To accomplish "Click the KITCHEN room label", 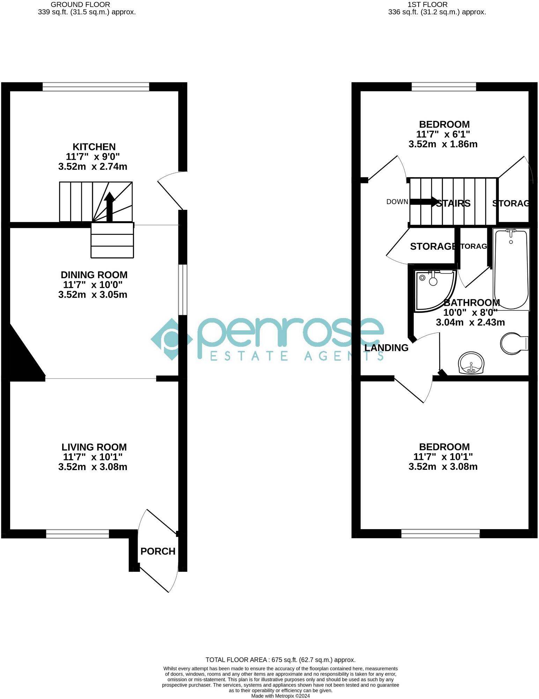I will pos(94,147).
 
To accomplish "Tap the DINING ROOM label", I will pos(94,275).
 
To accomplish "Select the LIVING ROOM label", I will pos(94,447).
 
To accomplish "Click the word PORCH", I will pos(158,551).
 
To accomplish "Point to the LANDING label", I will pos(386,348).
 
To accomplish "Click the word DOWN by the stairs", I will pos(397,202).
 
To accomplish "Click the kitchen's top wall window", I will pos(96,87).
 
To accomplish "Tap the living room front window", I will pos(77,534).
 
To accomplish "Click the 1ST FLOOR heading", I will pos(437,5).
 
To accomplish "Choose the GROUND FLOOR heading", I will pos(80,5).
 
